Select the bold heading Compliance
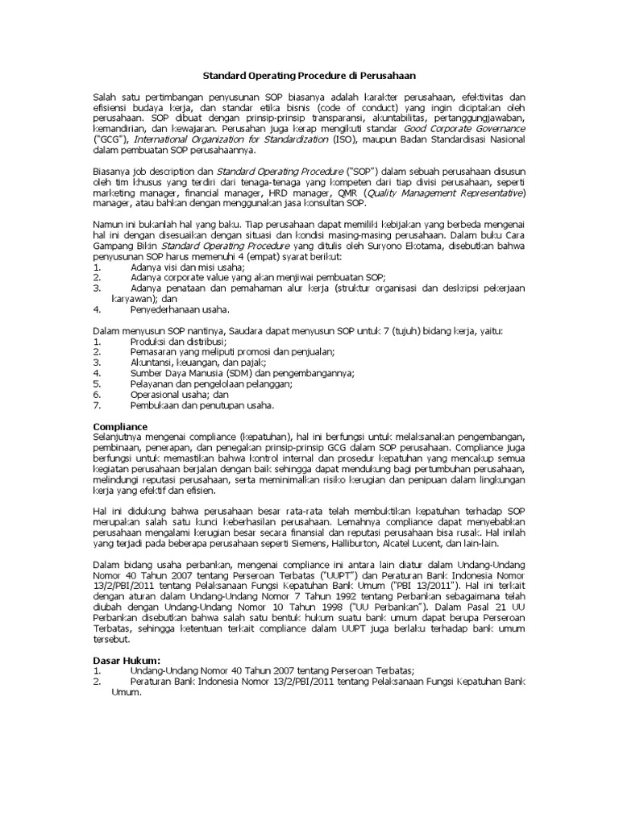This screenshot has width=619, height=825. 121,425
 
